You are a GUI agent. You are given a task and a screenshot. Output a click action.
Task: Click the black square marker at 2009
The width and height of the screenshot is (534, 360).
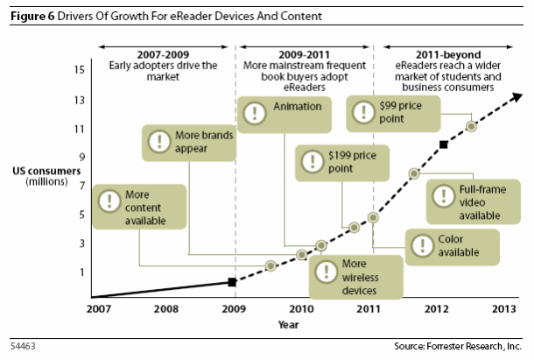tap(231, 282)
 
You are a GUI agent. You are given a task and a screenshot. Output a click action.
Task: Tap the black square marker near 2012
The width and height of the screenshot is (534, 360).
tap(443, 144)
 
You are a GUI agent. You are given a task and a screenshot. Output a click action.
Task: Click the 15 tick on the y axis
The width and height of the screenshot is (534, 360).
tap(81, 69)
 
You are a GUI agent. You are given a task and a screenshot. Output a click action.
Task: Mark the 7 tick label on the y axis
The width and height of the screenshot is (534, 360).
tap(81, 186)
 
